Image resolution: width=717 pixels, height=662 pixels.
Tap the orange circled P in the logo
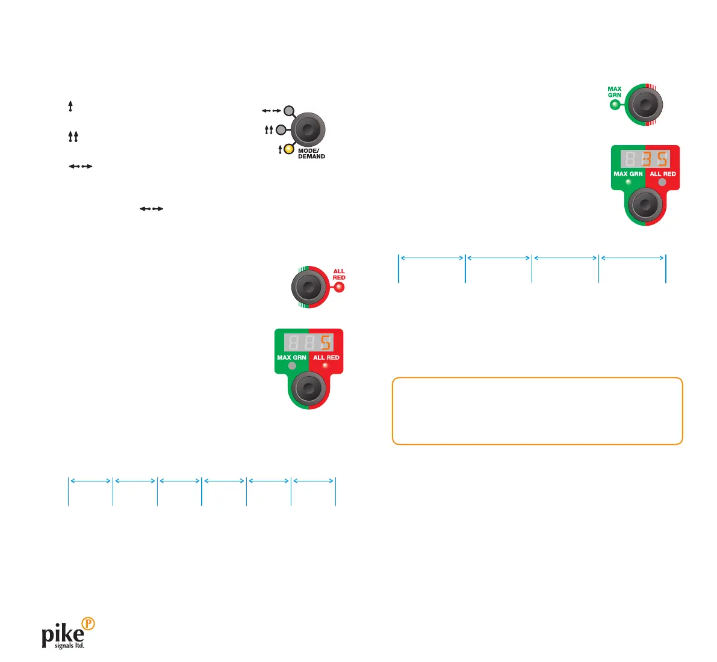pyautogui.click(x=88, y=624)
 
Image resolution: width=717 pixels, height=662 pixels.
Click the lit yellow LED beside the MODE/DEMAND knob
pyautogui.click(x=289, y=149)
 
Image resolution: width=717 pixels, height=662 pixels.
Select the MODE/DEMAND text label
pyautogui.click(x=311, y=153)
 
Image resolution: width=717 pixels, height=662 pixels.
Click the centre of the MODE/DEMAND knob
pyautogui.click(x=308, y=129)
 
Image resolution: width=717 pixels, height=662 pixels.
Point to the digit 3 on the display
pyautogui.click(x=646, y=159)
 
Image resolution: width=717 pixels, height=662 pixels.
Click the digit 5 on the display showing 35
pyautogui.click(x=662, y=159)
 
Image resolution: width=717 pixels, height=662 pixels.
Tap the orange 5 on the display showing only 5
pyautogui.click(x=325, y=343)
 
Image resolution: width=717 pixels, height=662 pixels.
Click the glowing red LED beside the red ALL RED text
pyautogui.click(x=339, y=287)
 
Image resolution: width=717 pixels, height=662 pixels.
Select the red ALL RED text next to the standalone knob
pyautogui.click(x=339, y=274)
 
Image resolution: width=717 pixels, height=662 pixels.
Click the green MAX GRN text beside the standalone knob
pyautogui.click(x=614, y=92)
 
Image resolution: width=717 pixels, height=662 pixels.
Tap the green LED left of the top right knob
pyautogui.click(x=614, y=105)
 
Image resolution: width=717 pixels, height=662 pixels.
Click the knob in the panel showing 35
pyautogui.click(x=645, y=205)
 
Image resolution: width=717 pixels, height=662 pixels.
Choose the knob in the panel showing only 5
pyautogui.click(x=308, y=389)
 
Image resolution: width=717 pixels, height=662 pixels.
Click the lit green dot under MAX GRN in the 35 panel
pyautogui.click(x=629, y=182)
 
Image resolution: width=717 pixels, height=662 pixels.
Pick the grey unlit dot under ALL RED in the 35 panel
pyautogui.click(x=662, y=182)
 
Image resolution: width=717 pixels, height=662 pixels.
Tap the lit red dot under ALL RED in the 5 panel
pyautogui.click(x=326, y=365)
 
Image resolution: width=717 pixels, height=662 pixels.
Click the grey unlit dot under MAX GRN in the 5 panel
pyautogui.click(x=292, y=365)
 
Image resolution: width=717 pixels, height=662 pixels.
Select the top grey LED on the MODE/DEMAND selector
pyautogui.click(x=289, y=111)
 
